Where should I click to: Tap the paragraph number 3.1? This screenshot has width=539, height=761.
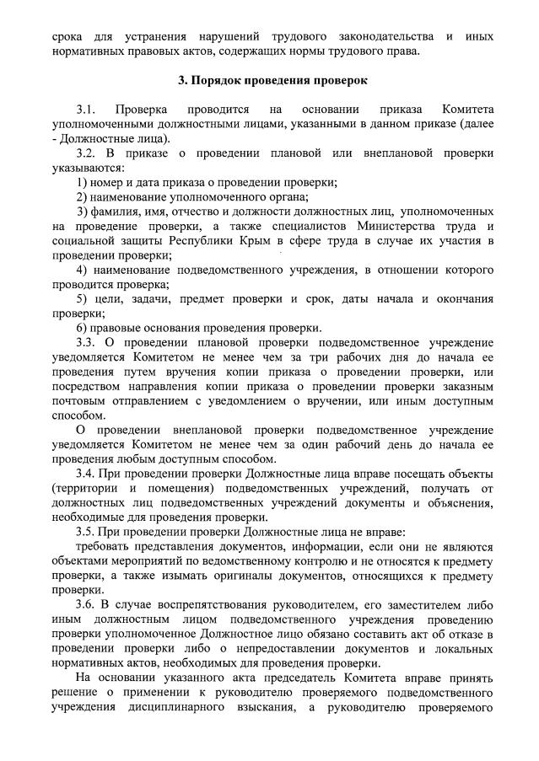pyautogui.click(x=87, y=110)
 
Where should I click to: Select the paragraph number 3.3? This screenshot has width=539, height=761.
pyautogui.click(x=86, y=342)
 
